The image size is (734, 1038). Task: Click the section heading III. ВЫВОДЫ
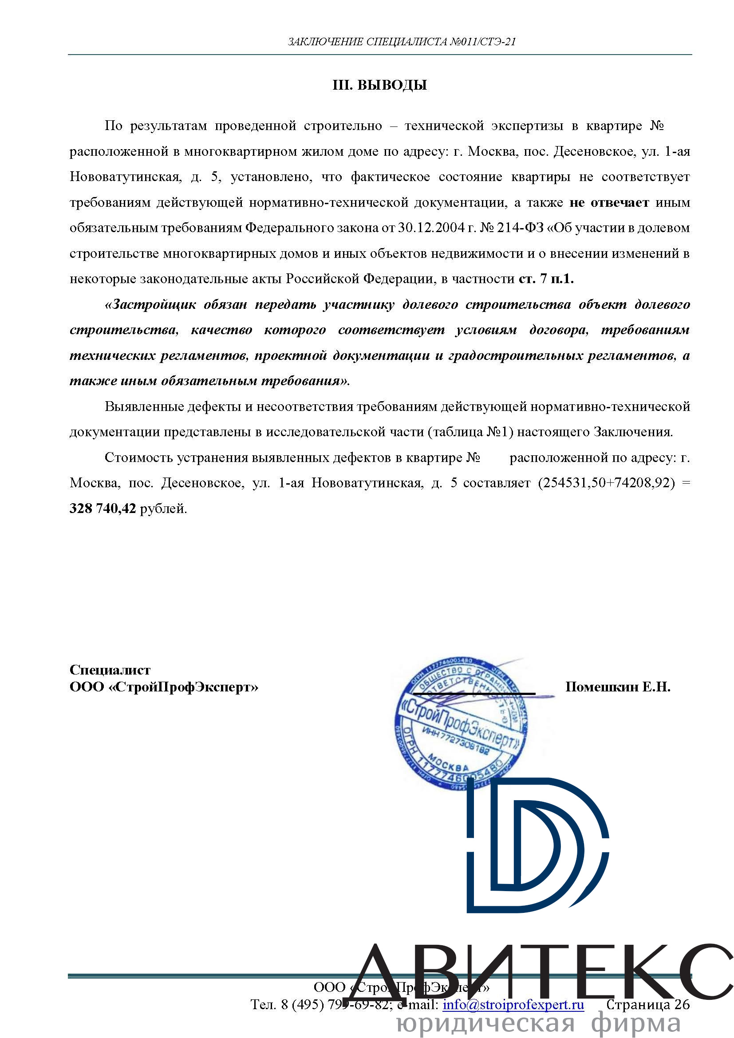point(380,85)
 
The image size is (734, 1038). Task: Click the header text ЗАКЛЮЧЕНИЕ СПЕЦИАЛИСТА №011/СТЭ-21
point(402,42)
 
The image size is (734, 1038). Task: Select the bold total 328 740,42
point(103,509)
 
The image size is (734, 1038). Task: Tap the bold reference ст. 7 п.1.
point(546,279)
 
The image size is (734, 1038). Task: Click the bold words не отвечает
point(609,202)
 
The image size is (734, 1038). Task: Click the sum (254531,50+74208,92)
point(606,483)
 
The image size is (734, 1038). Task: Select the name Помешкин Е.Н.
point(617,687)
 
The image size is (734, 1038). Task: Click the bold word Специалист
point(110,670)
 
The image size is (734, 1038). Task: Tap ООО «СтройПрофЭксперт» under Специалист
point(164,687)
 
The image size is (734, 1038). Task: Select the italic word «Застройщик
point(150,304)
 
